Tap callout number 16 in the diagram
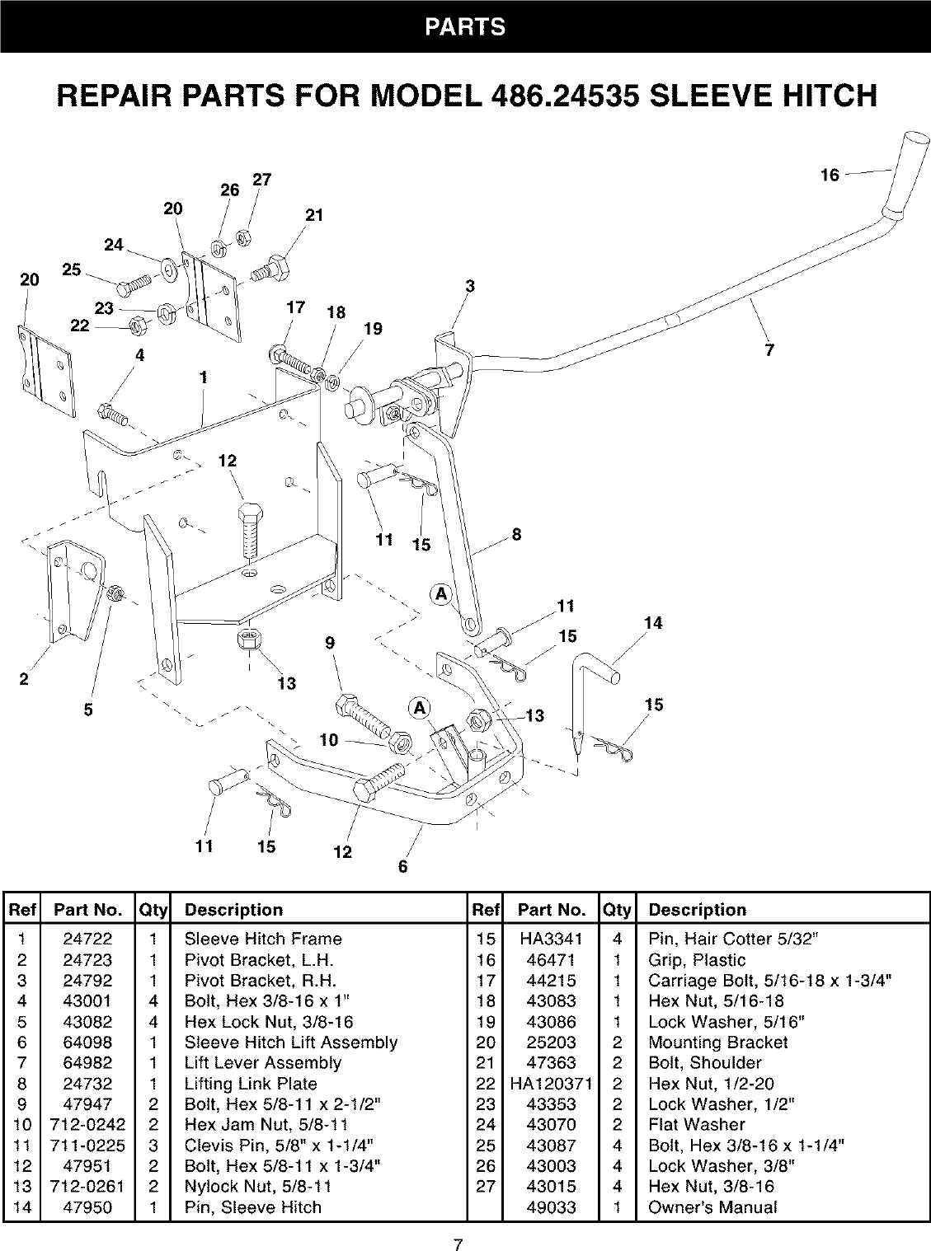point(830,175)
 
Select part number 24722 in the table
point(87,939)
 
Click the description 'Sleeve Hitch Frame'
point(262,939)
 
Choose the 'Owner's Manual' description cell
point(712,1207)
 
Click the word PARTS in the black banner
point(465,26)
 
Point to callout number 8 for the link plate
point(516,534)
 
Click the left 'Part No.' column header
point(87,910)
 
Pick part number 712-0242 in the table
point(87,1125)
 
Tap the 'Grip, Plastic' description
point(696,960)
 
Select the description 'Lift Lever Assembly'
point(262,1063)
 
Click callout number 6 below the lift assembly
point(403,866)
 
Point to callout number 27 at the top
point(262,180)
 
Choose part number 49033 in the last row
point(551,1207)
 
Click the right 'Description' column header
point(697,910)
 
